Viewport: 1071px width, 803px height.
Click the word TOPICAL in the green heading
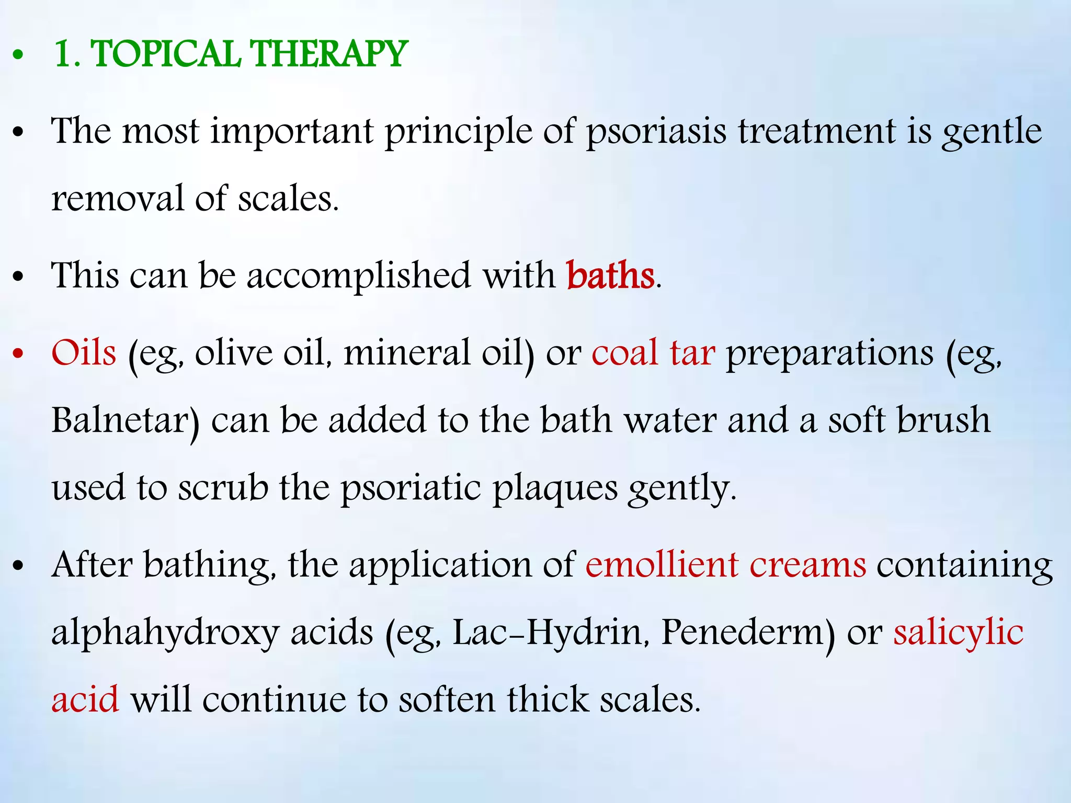tap(166, 54)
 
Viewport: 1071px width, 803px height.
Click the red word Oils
tap(84, 353)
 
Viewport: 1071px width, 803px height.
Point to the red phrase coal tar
tap(653, 353)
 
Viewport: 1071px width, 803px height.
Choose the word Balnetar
tap(124, 421)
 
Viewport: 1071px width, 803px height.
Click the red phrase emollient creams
tap(726, 565)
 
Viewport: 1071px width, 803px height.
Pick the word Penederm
tap(747, 633)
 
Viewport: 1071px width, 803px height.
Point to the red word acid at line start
tap(85, 700)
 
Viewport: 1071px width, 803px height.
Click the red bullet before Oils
tap(19, 354)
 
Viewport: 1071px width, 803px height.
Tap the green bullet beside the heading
tap(19, 55)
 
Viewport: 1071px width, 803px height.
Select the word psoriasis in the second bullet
tap(656, 132)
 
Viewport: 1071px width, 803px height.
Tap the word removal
tap(117, 199)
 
